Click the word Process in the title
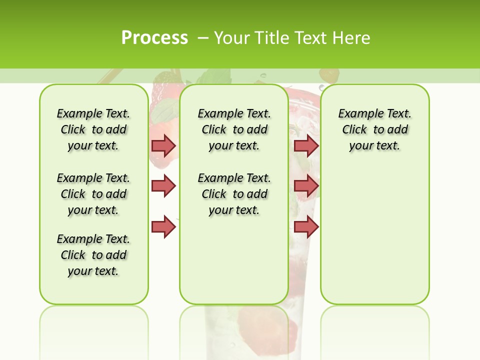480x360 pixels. [154, 37]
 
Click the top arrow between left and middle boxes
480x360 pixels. [163, 145]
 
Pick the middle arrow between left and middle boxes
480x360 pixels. [163, 186]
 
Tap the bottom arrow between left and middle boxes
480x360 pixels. [163, 227]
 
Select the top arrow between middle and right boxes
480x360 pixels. [306, 145]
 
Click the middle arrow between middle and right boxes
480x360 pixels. [306, 186]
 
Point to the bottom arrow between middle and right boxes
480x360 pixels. [306, 227]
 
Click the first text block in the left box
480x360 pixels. [93, 129]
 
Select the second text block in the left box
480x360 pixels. [93, 194]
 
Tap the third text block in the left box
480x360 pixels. [93, 255]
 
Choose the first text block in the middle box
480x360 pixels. [234, 129]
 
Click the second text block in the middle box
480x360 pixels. [234, 194]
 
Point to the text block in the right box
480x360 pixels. [375, 129]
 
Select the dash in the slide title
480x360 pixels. [203, 38]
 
